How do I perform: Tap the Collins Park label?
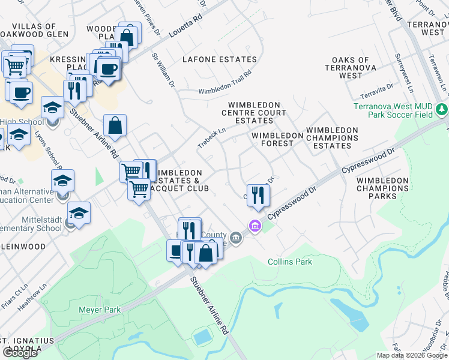click(x=290, y=262)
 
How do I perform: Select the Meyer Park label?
click(x=100, y=310)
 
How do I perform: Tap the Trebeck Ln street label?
click(x=212, y=139)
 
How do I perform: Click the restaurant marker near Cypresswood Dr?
click(x=258, y=194)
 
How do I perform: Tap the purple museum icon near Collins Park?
click(x=256, y=227)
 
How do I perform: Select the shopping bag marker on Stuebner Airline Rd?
click(x=115, y=125)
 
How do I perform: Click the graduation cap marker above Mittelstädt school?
click(x=79, y=212)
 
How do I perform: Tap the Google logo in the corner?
click(x=20, y=353)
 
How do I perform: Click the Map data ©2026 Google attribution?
click(x=412, y=355)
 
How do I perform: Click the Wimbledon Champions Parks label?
click(x=382, y=188)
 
